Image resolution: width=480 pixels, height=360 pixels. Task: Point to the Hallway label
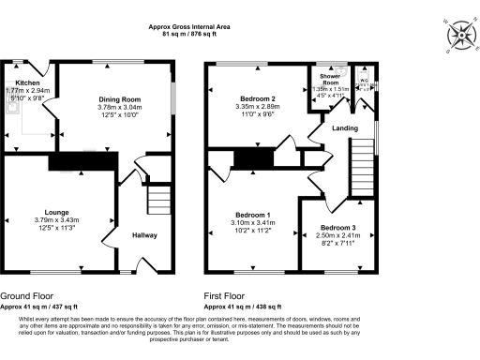coord(144,235)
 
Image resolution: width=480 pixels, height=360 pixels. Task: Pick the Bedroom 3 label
coord(337,228)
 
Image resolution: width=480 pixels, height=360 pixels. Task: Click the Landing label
coord(340,129)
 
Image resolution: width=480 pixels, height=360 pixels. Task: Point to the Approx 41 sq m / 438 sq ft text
coord(247,306)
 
